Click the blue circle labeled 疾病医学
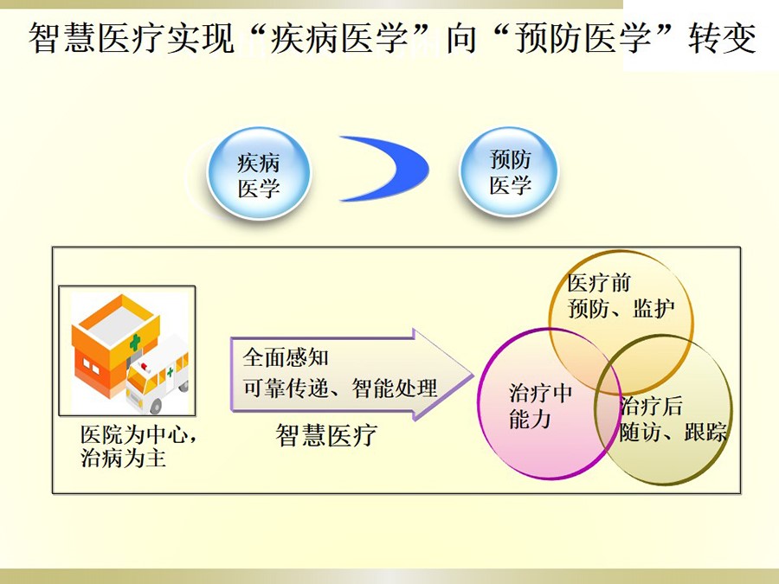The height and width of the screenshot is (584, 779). click(x=258, y=173)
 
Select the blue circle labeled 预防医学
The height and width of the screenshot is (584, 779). click(x=509, y=171)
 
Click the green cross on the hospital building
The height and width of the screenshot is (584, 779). click(x=135, y=342)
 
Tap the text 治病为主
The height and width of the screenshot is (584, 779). click(x=123, y=458)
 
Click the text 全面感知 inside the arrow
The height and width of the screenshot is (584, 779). click(x=285, y=357)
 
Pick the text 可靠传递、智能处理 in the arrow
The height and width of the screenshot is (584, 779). click(x=340, y=388)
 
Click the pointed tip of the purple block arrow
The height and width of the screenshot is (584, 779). click(x=473, y=375)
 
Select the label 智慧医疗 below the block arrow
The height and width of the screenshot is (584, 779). click(x=326, y=435)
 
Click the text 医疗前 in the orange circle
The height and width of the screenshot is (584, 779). click(x=599, y=284)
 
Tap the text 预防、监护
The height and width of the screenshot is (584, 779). click(x=621, y=308)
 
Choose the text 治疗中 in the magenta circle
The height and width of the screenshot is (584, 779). click(x=541, y=394)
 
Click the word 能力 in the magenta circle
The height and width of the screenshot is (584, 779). click(x=530, y=419)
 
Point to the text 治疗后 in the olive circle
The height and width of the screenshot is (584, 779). click(x=651, y=407)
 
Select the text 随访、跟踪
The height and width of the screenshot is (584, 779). click(x=673, y=432)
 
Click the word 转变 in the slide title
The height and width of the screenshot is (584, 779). click(x=722, y=38)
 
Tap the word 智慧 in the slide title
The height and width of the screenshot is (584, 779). click(x=62, y=38)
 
